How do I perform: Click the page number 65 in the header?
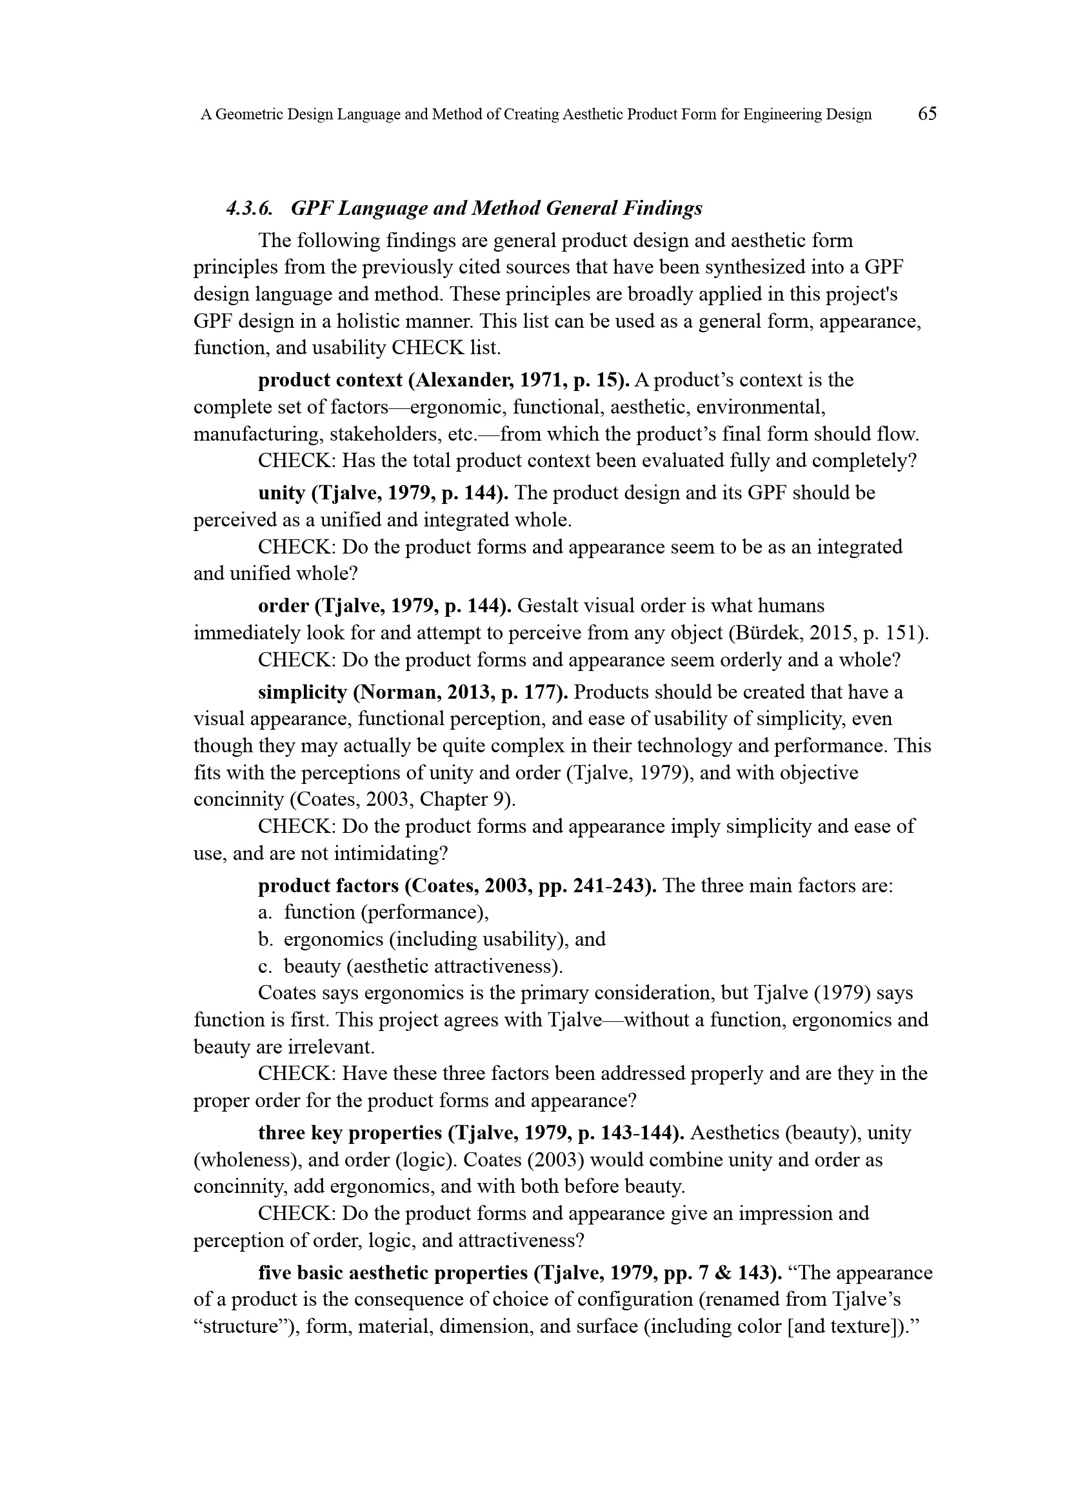[x=927, y=114]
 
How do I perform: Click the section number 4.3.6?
[x=250, y=208]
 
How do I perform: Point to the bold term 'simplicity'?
[x=302, y=692]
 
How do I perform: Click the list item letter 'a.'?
[x=265, y=912]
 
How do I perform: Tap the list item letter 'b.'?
[x=265, y=939]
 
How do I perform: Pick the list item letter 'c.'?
[x=265, y=966]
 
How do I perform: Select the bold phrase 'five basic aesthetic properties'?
[x=393, y=1273]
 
